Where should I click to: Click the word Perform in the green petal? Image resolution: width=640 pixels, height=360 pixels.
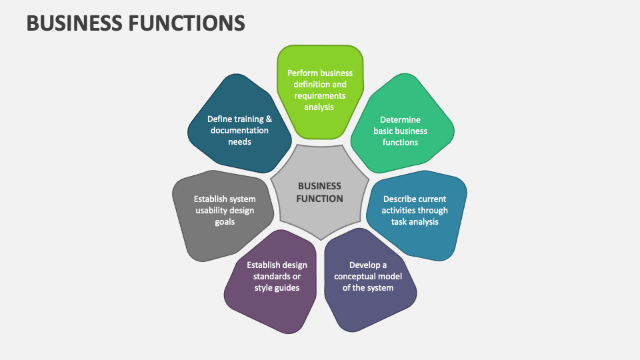coord(303,73)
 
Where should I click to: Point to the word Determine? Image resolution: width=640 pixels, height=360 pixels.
coord(401,120)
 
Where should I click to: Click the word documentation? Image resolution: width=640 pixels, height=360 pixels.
coord(239,131)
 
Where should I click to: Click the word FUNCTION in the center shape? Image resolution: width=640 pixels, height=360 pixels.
coord(320,199)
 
